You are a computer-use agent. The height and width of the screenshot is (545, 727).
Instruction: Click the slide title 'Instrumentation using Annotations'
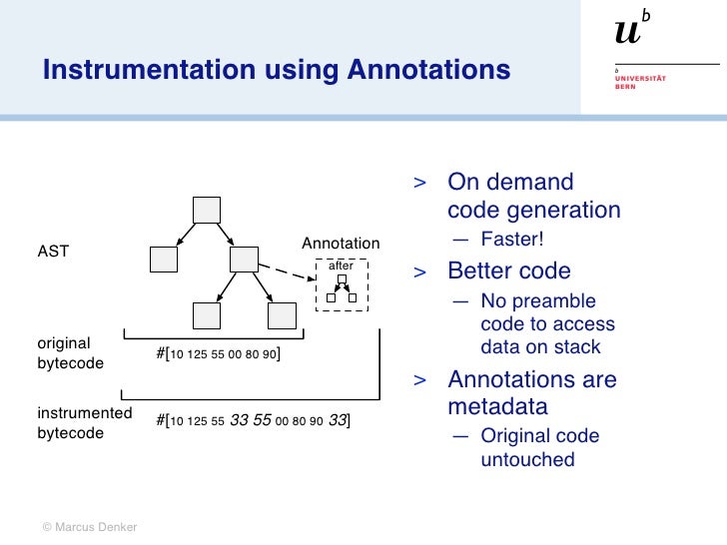(276, 70)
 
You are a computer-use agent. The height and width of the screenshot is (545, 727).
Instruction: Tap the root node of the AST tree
(206, 210)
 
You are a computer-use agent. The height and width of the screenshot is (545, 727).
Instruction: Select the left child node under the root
(163, 260)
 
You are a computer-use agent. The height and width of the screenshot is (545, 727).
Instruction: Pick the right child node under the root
(245, 260)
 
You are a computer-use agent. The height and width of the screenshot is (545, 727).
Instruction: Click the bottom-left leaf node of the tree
(207, 315)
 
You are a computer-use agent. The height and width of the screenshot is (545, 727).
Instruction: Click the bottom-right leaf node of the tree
(283, 315)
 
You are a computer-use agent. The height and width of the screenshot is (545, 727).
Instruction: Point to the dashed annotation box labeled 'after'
(342, 285)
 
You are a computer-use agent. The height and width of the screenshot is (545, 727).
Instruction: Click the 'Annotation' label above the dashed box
(341, 244)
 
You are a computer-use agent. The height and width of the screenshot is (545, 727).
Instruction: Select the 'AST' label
(53, 252)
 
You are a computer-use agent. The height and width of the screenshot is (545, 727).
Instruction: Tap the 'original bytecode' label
(70, 352)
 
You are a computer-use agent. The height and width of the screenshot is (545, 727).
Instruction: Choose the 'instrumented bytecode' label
(84, 423)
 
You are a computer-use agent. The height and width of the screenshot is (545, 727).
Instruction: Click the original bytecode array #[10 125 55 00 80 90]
(218, 354)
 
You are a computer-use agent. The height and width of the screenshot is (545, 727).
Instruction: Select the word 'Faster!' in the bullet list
(511, 241)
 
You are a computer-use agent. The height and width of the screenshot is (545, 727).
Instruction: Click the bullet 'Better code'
(508, 271)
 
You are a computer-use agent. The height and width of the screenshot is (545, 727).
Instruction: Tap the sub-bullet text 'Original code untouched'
(539, 447)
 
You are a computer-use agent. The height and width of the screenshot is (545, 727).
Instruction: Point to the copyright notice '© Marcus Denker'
(89, 526)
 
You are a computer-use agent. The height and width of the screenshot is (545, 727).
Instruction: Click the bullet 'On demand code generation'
(533, 196)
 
